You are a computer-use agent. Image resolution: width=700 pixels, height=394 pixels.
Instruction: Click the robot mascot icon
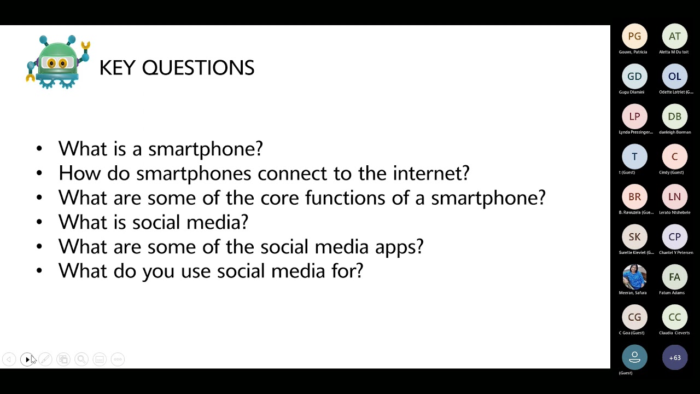click(x=58, y=62)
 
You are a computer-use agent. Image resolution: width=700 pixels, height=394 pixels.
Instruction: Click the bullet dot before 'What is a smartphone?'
click(x=39, y=149)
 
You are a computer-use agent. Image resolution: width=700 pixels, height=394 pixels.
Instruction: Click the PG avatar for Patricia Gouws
click(x=634, y=37)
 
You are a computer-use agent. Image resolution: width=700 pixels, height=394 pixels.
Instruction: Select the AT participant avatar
click(x=674, y=37)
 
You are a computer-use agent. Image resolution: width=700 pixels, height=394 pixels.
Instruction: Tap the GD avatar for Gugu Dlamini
click(x=634, y=77)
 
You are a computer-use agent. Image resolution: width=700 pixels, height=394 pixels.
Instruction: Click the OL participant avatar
click(x=674, y=77)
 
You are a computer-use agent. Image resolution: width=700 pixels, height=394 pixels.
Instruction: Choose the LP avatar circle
click(x=634, y=117)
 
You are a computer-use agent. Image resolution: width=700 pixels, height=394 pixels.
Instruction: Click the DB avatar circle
click(x=674, y=117)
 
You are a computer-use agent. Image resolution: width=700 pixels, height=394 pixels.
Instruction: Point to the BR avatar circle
click(x=634, y=197)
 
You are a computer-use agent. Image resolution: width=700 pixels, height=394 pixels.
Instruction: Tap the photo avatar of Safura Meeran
click(x=634, y=277)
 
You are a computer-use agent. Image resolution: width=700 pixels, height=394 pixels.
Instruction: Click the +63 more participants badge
click(x=674, y=358)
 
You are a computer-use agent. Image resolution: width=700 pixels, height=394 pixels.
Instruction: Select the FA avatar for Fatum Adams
click(x=674, y=277)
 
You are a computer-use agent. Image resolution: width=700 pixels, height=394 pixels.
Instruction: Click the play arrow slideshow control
click(x=27, y=360)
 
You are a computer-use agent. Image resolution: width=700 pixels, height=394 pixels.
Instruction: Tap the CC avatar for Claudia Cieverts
click(x=674, y=317)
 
